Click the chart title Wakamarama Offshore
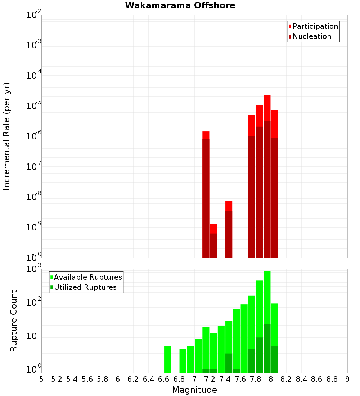click(x=180, y=5)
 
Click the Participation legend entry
click(x=315, y=27)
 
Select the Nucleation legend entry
click(x=312, y=37)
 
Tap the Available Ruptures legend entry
click(x=88, y=278)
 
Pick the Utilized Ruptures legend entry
click(x=85, y=288)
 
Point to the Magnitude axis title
click(x=194, y=390)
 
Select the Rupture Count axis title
click(x=14, y=321)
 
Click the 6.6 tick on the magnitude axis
click(x=164, y=379)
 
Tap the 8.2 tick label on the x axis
click(x=286, y=379)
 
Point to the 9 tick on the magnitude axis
click(x=347, y=379)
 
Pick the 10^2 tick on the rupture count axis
click(x=34, y=302)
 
